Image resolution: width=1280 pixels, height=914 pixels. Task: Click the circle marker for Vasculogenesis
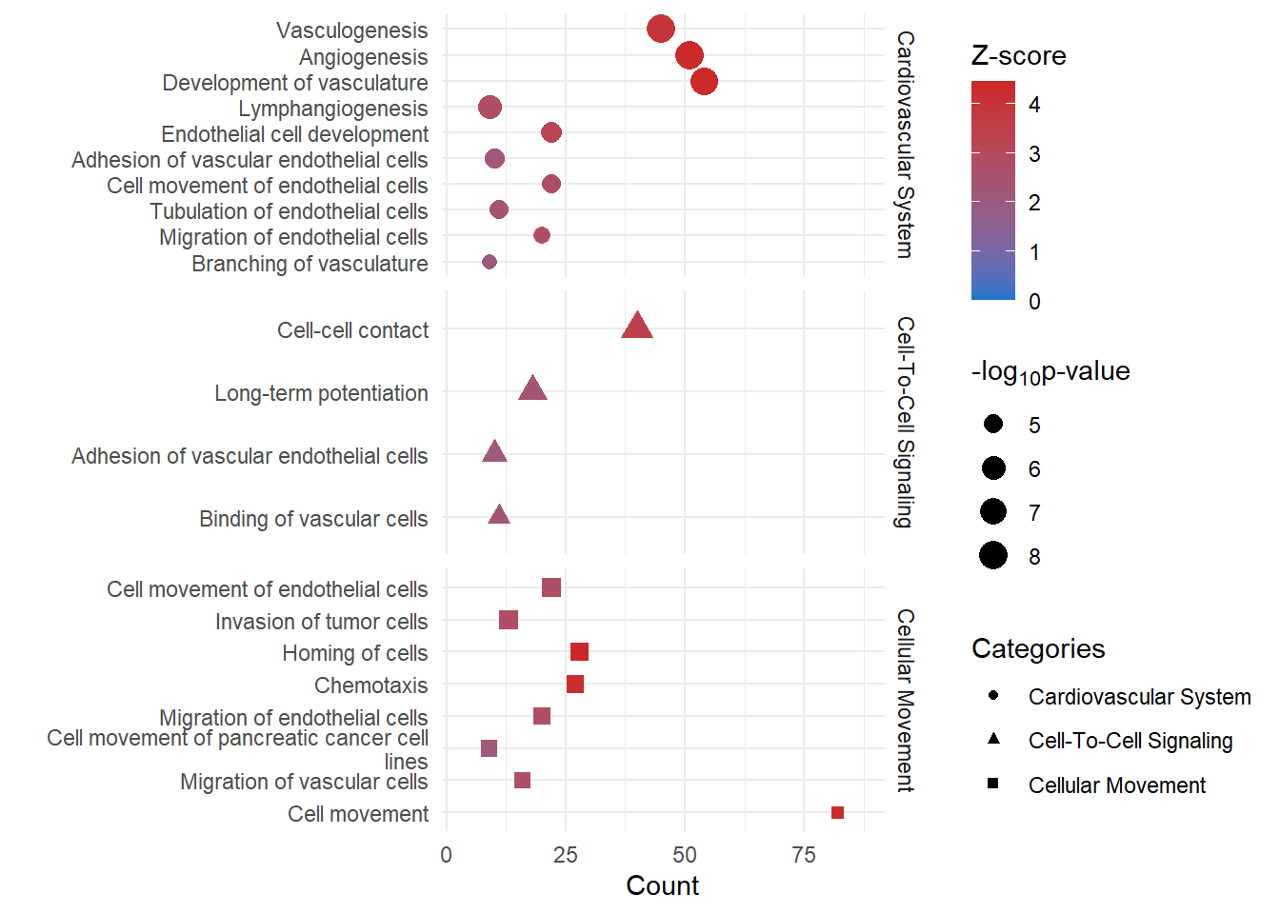click(661, 30)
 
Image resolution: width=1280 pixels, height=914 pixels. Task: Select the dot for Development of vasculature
click(704, 82)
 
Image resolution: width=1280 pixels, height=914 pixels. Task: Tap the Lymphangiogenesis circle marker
click(490, 108)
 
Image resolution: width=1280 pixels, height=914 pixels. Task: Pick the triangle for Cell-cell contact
click(637, 328)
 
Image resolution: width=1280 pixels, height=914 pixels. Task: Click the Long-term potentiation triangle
click(532, 389)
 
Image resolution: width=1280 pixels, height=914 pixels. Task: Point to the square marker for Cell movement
click(837, 813)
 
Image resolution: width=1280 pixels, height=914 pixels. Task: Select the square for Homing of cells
click(579, 652)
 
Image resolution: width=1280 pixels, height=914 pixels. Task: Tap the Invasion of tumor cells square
click(509, 621)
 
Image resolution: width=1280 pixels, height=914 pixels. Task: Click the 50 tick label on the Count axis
click(685, 855)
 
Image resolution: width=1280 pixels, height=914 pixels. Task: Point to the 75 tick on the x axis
click(804, 855)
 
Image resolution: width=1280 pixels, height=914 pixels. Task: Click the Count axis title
click(662, 886)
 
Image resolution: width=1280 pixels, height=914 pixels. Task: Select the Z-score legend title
click(1018, 56)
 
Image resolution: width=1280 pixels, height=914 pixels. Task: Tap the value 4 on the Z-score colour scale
click(1034, 105)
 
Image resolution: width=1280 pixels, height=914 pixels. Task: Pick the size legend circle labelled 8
click(993, 555)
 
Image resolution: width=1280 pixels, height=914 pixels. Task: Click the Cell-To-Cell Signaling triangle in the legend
click(993, 739)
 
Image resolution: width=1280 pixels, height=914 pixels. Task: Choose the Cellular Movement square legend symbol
click(993, 784)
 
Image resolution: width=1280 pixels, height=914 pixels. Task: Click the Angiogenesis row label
click(363, 57)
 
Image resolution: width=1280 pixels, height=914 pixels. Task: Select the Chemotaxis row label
click(370, 685)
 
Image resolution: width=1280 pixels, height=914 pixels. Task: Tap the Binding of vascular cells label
click(313, 519)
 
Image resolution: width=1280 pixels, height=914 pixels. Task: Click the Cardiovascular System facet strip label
click(905, 145)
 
